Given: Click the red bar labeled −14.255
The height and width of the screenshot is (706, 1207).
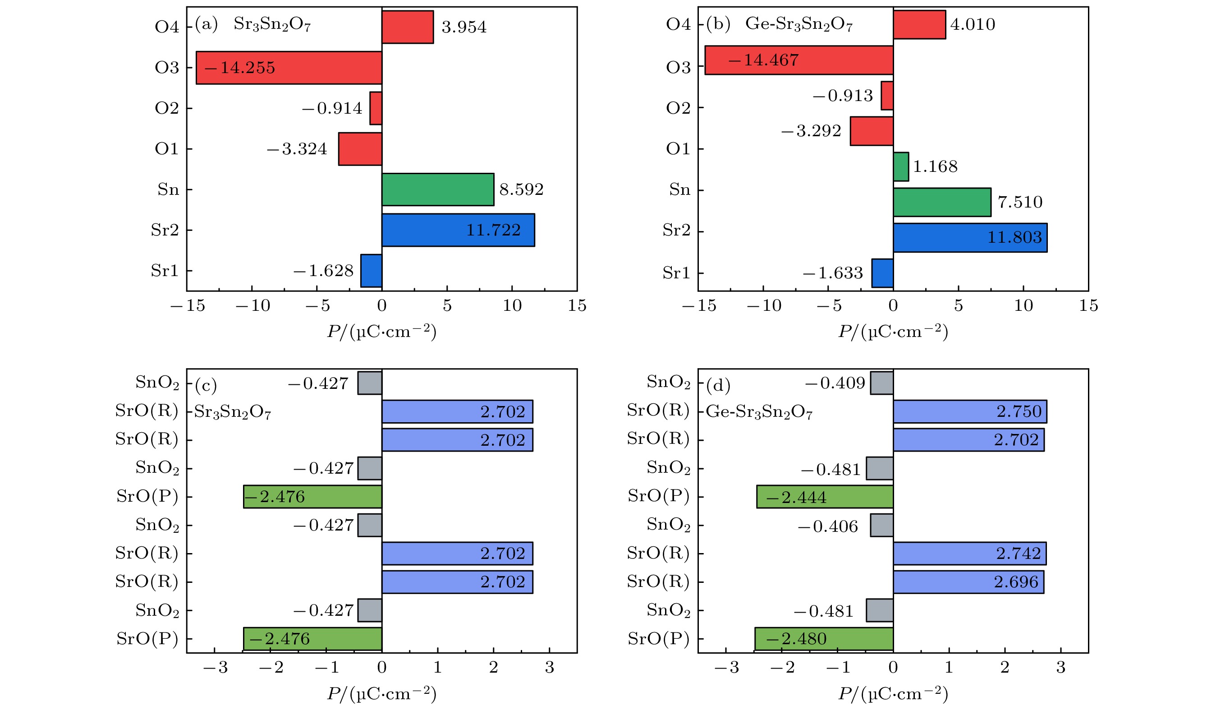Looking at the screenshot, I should [289, 68].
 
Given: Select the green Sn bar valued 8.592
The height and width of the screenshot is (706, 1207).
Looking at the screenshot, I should [438, 189].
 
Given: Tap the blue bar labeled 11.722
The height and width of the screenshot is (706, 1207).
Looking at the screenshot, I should [458, 230].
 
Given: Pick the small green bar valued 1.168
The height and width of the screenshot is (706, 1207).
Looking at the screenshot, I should [900, 167].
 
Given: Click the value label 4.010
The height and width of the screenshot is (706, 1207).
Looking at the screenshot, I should [972, 24].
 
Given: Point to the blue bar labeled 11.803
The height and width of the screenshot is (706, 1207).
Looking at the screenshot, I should [970, 238].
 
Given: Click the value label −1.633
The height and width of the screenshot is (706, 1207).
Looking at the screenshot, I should [832, 273].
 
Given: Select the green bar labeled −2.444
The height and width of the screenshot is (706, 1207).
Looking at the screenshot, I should [825, 497].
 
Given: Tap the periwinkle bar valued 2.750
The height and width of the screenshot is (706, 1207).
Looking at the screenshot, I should [969, 412].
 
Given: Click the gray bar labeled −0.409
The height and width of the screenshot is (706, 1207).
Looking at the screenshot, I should [881, 383].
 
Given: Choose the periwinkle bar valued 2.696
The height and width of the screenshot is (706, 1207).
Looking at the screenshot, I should [968, 582].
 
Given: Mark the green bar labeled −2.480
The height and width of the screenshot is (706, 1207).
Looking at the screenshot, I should [824, 638].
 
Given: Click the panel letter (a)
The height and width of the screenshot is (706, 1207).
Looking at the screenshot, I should [207, 24].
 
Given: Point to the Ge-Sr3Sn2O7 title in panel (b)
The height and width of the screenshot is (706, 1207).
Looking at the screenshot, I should [799, 24].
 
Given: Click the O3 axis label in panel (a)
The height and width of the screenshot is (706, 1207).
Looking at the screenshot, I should [167, 68].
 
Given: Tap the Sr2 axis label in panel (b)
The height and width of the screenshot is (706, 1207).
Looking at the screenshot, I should [676, 231].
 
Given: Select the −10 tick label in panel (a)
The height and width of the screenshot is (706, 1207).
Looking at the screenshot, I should [252, 306].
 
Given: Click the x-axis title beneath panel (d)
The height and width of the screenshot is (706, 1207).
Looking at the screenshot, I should [893, 693].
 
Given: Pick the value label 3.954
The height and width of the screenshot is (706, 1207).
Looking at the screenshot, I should [464, 27].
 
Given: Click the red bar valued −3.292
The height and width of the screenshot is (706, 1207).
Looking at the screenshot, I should [871, 131].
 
